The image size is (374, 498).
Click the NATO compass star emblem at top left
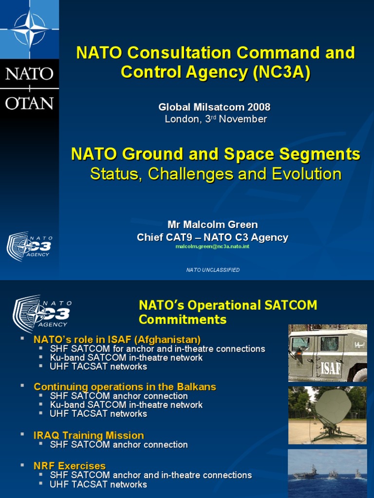pos(29,29)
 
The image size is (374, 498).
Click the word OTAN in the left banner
pos(29,103)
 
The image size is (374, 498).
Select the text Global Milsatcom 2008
pos(215,107)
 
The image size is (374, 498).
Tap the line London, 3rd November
pos(216,119)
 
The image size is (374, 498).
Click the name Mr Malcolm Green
pos(213,225)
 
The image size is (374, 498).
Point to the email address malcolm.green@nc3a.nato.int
pos(212,247)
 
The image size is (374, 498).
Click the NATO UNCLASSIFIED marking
pos(213,270)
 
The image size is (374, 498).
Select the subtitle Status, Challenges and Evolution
pos(216,174)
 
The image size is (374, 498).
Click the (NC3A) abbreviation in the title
pos(281,72)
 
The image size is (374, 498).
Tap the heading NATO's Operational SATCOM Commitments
pos(227,312)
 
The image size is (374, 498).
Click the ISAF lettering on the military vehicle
pos(331,368)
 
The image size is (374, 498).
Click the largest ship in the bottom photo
pos(306,473)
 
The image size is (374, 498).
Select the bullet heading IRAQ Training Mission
pos(89,435)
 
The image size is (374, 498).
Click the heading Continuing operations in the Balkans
pos(125,387)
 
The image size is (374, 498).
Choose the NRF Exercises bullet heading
pos(70,466)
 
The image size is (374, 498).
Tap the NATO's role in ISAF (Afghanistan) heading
pos(117,339)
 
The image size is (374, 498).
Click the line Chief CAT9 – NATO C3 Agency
pos(212,237)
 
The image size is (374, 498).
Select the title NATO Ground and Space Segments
pos(216,155)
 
